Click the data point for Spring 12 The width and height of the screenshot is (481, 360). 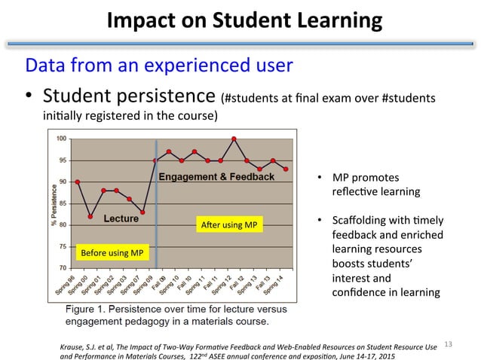(x=234, y=139)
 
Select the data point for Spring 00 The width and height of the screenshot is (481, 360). (x=90, y=216)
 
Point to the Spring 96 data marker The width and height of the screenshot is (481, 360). (x=78, y=182)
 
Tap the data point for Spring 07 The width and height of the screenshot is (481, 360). (x=142, y=212)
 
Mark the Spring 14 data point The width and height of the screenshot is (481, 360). (x=286, y=169)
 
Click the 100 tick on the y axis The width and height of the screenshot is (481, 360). (x=62, y=139)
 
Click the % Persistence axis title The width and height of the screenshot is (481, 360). (x=54, y=203)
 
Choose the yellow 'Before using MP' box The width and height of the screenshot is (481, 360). (x=112, y=252)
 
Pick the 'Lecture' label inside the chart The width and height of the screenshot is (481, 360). (x=121, y=219)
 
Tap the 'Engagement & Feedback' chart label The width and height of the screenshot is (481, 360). (x=216, y=177)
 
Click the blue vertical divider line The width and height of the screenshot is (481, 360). (x=155, y=203)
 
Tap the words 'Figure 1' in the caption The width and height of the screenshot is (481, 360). (x=87, y=310)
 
